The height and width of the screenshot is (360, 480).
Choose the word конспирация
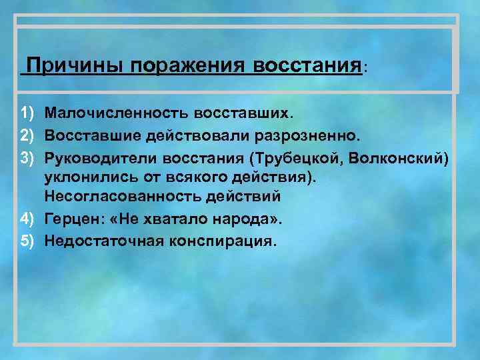pos(217,239)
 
